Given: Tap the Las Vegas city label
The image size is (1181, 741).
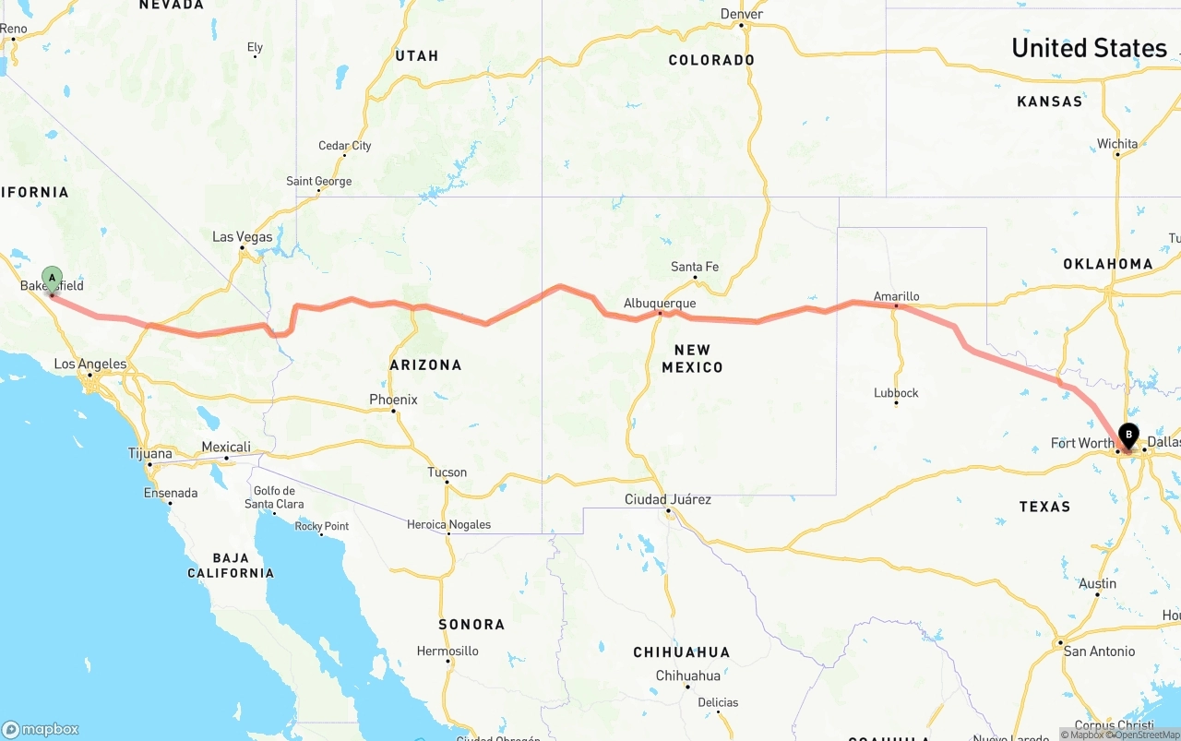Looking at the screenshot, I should click(243, 237).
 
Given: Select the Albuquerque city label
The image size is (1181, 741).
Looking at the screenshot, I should click(660, 303).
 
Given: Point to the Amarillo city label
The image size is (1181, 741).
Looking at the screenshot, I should click(896, 296).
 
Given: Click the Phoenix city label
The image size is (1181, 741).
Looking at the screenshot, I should click(393, 400).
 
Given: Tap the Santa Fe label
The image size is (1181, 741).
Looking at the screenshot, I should click(694, 267).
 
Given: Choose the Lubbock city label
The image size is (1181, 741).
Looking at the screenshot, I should click(896, 393).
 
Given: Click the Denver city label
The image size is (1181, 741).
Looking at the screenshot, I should click(742, 14).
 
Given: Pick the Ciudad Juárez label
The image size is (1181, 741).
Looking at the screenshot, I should click(668, 499).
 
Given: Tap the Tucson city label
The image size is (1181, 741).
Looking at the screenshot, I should click(447, 472).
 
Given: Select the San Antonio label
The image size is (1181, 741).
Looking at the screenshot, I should click(1099, 651).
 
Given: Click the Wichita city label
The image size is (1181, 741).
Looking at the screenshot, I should click(1117, 144).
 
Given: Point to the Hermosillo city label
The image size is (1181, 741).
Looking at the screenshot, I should click(447, 651).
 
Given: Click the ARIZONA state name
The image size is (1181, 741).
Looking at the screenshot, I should click(425, 365).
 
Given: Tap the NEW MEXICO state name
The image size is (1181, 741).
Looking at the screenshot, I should click(692, 358).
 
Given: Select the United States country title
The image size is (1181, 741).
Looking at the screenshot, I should click(1089, 48).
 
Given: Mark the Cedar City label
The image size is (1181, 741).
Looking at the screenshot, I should click(345, 146).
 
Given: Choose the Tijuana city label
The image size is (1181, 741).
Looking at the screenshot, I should click(149, 453).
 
